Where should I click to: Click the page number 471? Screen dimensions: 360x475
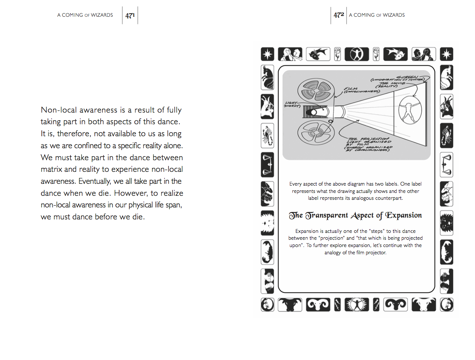pyautogui.click(x=130, y=15)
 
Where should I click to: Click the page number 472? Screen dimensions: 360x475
pyautogui.click(x=338, y=15)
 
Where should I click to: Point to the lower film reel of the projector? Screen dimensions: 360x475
pyautogui.click(x=315, y=133)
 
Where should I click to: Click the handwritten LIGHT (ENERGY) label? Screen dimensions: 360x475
pyautogui.click(x=292, y=105)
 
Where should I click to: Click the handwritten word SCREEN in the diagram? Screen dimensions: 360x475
pyautogui.click(x=407, y=77)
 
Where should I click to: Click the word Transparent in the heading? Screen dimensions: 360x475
pyautogui.click(x=326, y=215)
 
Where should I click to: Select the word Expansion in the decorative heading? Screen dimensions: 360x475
pyautogui.click(x=403, y=215)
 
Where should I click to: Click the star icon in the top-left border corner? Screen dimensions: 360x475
pyautogui.click(x=268, y=54)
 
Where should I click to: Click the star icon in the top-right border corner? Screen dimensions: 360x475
pyautogui.click(x=446, y=54)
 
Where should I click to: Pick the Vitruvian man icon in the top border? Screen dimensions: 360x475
pyautogui.click(x=357, y=54)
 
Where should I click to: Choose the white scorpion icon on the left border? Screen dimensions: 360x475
pyautogui.click(x=267, y=136)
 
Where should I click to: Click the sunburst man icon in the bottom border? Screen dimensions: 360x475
pyautogui.click(x=357, y=305)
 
